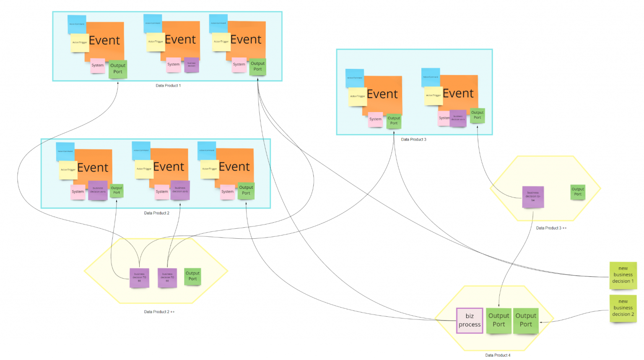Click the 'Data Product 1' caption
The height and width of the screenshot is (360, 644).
click(168, 86)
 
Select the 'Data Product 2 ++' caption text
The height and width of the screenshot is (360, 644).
click(159, 312)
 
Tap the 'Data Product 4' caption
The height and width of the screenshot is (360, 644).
click(498, 355)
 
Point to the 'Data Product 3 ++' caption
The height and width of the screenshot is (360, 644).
click(551, 228)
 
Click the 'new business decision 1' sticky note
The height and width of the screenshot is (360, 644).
click(623, 275)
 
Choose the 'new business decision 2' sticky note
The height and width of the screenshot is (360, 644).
click(623, 308)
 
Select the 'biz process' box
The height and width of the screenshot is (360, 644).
click(470, 321)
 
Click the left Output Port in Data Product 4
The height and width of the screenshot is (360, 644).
click(499, 320)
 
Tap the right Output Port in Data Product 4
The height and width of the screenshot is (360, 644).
click(526, 320)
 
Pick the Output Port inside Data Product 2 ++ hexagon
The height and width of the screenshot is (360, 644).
click(192, 276)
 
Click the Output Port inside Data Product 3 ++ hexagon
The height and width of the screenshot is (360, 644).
click(578, 192)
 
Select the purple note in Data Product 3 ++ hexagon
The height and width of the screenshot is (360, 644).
click(533, 197)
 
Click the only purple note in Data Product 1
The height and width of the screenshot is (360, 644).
click(192, 65)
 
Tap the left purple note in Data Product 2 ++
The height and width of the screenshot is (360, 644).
click(139, 278)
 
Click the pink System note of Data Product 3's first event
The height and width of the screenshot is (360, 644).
click(375, 119)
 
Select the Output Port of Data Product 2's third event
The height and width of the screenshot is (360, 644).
click(246, 190)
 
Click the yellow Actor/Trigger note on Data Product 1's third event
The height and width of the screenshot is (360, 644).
click(221, 42)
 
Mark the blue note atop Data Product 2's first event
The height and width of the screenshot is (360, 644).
click(65, 151)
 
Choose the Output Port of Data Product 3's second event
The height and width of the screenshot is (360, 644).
click(477, 115)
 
